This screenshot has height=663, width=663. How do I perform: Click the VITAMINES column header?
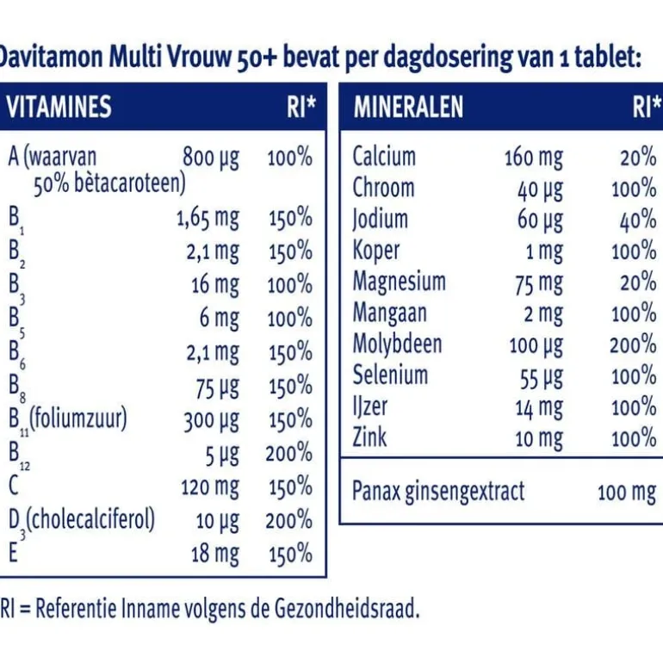tap(59, 107)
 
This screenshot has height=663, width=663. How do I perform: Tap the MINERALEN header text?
tap(408, 107)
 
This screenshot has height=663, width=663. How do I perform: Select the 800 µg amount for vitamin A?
tap(211, 158)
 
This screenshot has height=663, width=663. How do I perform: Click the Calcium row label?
tap(384, 157)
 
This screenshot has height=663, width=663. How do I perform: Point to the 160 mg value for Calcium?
tap(533, 158)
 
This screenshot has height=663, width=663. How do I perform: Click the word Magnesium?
tap(400, 282)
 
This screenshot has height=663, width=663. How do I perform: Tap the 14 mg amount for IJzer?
tap(539, 406)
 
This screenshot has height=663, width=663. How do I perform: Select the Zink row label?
tap(370, 437)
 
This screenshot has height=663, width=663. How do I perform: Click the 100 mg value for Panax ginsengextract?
tap(626, 493)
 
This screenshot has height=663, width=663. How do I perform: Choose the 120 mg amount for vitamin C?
tap(210, 486)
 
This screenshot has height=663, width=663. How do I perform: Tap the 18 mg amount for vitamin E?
tap(215, 553)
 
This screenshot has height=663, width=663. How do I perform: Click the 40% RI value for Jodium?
tap(637, 220)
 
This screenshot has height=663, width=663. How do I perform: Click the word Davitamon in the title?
tap(52, 58)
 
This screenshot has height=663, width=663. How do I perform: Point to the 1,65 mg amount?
tap(208, 219)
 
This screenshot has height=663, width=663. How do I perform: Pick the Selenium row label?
tap(390, 375)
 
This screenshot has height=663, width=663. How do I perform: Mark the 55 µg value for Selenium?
tap(541, 376)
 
